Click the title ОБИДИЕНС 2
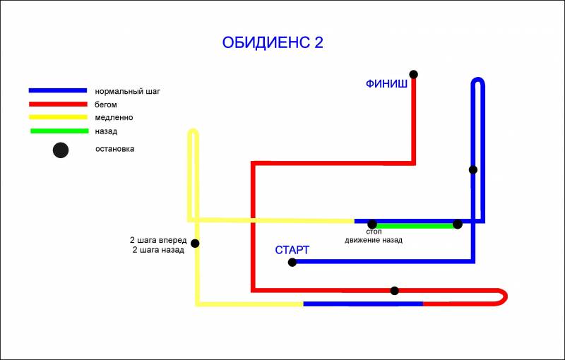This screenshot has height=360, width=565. pyautogui.click(x=273, y=42)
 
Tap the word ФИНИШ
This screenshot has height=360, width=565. pyautogui.click(x=386, y=84)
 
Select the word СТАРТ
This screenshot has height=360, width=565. pyautogui.click(x=292, y=250)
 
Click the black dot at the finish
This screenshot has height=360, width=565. pyautogui.click(x=414, y=75)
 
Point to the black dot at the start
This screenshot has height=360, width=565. pyautogui.click(x=292, y=263)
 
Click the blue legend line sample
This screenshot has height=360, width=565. pyautogui.click(x=58, y=91)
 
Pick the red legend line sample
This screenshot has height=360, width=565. pyautogui.click(x=58, y=104)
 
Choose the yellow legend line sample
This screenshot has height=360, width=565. pyautogui.click(x=58, y=117)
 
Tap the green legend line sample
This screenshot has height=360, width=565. pyautogui.click(x=59, y=131)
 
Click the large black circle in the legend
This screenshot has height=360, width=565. pyautogui.click(x=61, y=150)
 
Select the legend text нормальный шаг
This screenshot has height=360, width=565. pyautogui.click(x=128, y=92)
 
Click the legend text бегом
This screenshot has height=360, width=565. pyautogui.click(x=105, y=104)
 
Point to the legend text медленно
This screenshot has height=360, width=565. pyautogui.click(x=114, y=117)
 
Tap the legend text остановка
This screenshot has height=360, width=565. pyautogui.click(x=114, y=149)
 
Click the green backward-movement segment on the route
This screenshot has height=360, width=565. pyautogui.click(x=415, y=226)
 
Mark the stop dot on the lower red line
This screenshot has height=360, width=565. pyautogui.click(x=395, y=291)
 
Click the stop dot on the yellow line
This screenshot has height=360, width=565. pyautogui.click(x=195, y=244)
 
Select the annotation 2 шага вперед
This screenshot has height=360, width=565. pyautogui.click(x=158, y=240)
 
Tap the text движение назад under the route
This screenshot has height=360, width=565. pyautogui.click(x=374, y=240)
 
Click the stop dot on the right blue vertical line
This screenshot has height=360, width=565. pyautogui.click(x=473, y=169)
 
